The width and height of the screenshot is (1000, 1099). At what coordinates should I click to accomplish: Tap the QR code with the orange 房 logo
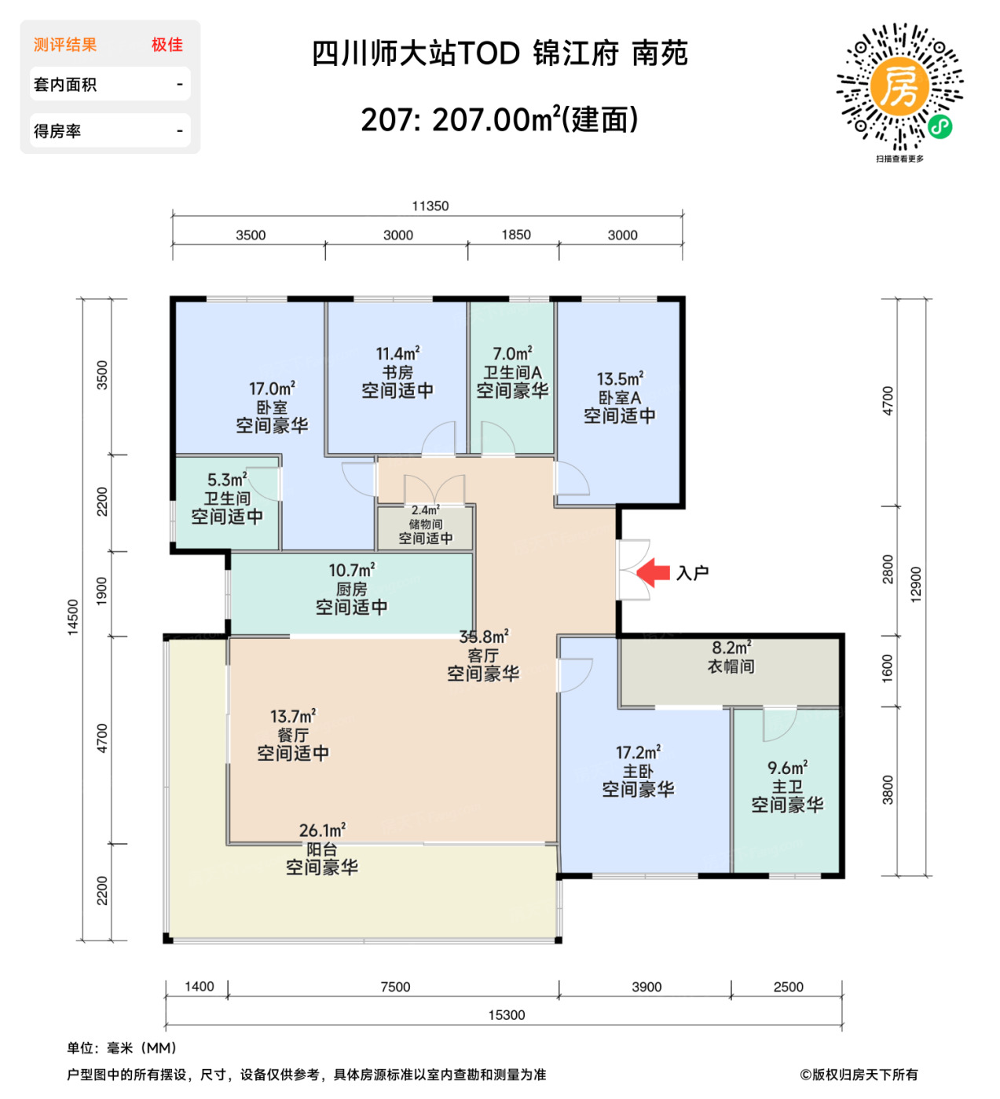coord(899,87)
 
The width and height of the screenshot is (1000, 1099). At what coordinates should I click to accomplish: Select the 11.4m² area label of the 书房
coord(397,353)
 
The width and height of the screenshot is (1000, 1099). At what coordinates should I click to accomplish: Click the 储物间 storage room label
coord(425,524)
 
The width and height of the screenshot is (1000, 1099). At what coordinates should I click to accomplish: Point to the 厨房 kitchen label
coord(351,589)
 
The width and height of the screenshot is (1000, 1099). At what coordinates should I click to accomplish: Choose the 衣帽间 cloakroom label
coord(731,666)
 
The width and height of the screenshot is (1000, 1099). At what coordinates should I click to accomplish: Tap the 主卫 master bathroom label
coord(786,787)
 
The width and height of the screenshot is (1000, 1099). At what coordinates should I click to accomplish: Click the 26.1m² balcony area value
coord(322,830)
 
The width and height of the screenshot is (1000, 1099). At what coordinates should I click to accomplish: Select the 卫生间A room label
coord(512,373)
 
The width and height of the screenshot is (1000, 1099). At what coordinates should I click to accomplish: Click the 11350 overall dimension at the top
coord(430,206)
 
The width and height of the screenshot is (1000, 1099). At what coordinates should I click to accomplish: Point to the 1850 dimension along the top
coord(516,235)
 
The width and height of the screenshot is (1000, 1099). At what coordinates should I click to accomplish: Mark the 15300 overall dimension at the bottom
coord(506,1015)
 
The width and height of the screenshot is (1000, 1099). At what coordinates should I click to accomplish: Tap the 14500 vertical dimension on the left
coord(73,617)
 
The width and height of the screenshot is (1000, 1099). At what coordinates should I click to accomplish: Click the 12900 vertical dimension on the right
coord(916,584)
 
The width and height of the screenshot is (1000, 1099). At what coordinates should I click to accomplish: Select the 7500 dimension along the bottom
coord(395,987)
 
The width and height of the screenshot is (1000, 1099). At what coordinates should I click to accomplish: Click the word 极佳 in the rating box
coord(167,45)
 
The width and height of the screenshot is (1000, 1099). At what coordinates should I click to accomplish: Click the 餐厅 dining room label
coord(293,735)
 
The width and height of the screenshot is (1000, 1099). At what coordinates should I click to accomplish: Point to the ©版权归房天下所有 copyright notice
coord(858,1075)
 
